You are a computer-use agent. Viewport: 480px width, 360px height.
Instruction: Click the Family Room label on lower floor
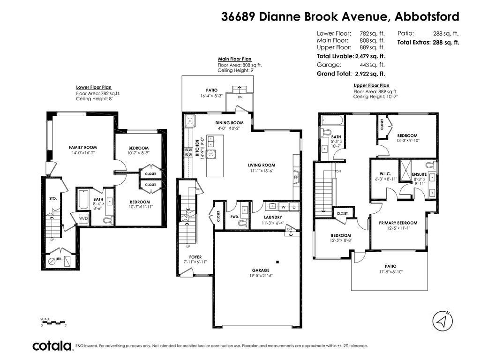point(83,148)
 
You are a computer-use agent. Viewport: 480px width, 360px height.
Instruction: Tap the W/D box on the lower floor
point(83,218)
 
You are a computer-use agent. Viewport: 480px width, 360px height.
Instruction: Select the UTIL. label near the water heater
point(59,258)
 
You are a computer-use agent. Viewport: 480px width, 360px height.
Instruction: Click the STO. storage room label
point(53,198)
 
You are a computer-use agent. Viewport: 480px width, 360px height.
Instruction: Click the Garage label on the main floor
point(261,270)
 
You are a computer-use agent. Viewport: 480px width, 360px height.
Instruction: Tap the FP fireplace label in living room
point(296,178)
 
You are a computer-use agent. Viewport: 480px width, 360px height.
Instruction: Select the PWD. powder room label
point(235,217)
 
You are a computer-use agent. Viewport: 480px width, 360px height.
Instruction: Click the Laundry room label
point(273,217)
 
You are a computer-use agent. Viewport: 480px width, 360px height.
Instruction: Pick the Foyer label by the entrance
point(195,257)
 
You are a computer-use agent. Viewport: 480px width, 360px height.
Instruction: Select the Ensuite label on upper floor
point(420,174)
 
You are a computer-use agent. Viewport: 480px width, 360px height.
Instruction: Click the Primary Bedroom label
point(398,223)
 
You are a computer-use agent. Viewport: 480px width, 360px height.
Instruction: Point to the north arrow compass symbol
point(442,321)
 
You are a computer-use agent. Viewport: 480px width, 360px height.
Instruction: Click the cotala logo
point(52,346)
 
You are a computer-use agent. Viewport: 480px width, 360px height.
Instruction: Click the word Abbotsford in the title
point(427,17)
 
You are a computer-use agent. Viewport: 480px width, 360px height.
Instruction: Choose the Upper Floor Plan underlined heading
point(371,85)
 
